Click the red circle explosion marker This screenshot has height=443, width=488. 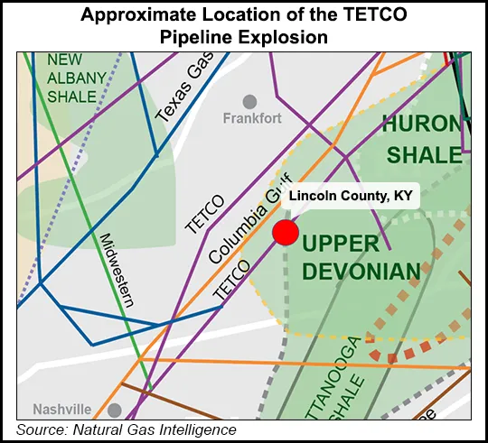286,232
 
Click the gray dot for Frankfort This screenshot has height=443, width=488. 249,101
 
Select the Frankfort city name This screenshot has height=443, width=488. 252,118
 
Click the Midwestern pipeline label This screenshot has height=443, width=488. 117,269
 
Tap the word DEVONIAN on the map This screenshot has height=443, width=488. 361,270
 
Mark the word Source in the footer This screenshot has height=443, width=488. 37,430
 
